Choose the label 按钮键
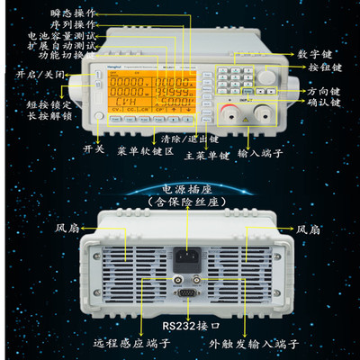click(x=320, y=67)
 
